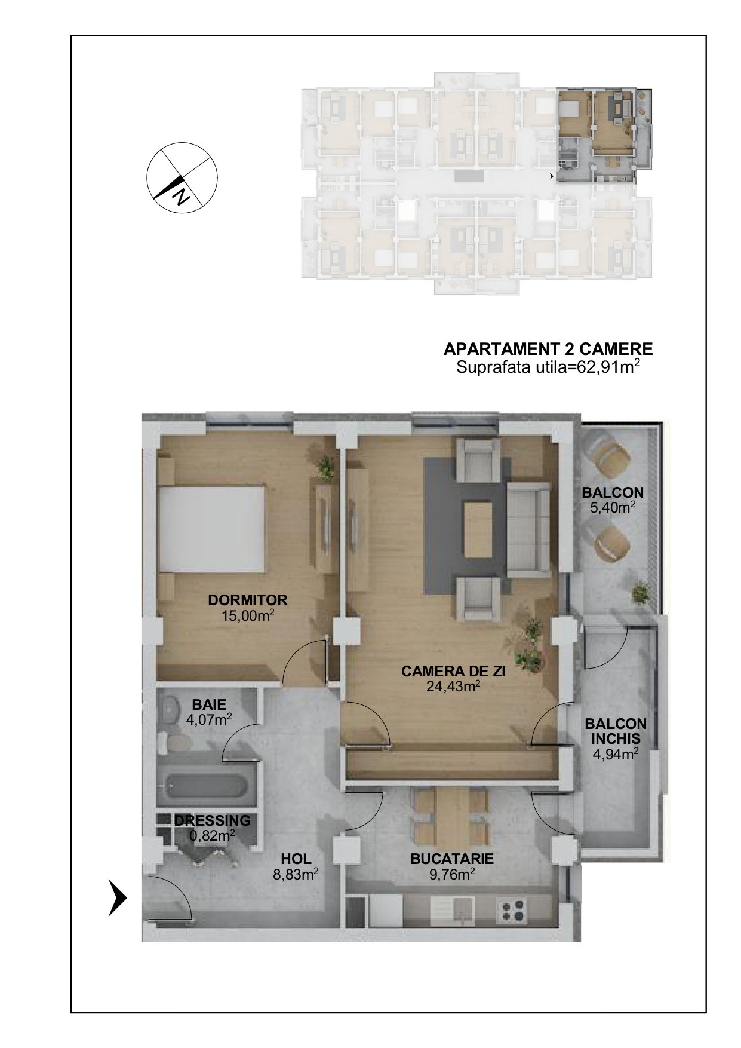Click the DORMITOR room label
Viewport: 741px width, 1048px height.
247,600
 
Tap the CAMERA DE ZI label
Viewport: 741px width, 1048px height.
453,671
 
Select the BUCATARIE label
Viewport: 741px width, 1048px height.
452,859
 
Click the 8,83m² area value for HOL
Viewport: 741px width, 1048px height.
296,874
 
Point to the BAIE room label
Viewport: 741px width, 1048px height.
209,705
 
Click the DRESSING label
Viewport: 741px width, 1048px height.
213,820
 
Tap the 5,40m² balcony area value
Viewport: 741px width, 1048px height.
613,508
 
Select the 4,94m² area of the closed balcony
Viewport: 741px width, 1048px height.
616,754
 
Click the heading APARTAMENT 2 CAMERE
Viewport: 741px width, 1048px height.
548,348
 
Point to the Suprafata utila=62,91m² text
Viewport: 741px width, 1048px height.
548,366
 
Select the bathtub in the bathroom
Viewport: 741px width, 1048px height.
207,787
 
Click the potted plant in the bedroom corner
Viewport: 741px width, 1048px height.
326,466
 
